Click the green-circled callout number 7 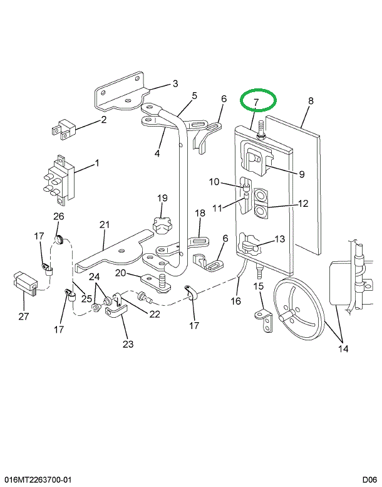click(256, 102)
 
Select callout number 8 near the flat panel click(311, 101)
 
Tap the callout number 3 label click(175, 83)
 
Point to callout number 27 click(24, 317)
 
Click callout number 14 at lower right click(343, 348)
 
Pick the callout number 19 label click(162, 198)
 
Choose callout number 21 click(105, 224)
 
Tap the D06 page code click(369, 480)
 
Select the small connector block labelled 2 click(63, 129)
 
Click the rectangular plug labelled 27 click(25, 283)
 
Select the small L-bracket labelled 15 click(264, 320)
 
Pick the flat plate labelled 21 click(115, 251)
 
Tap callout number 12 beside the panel click(302, 204)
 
